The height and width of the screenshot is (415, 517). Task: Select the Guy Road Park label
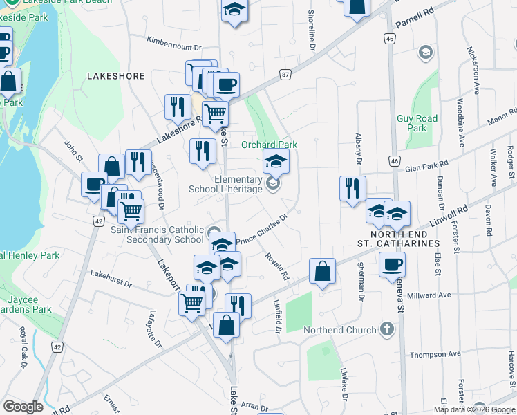click(417, 123)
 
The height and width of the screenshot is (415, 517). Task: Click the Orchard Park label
click(269, 145)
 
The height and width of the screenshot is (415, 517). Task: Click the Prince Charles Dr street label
click(261, 230)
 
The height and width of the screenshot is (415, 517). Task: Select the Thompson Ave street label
click(435, 354)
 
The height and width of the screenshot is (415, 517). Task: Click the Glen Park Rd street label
click(426, 165)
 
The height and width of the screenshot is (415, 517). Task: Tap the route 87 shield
click(285, 73)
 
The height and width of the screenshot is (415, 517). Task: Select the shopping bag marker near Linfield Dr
click(323, 271)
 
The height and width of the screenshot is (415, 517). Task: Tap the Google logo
click(23, 407)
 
